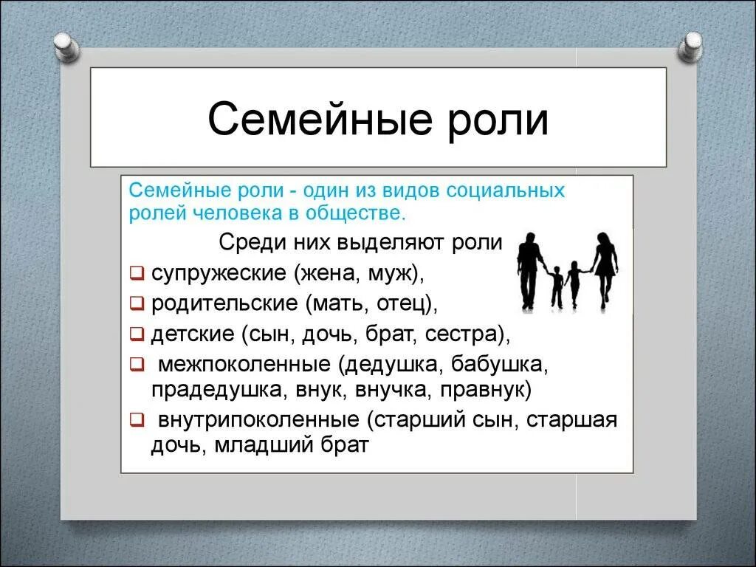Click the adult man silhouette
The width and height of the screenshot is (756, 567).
pyautogui.click(x=529, y=269)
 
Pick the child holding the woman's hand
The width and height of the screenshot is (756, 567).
pyautogui.click(x=574, y=283)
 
